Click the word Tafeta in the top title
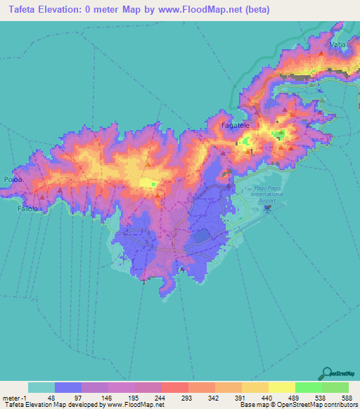click(21, 8)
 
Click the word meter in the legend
click(10, 397)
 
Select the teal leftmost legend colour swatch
click(41, 387)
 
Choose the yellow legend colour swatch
click(281, 387)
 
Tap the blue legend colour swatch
click(68, 387)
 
